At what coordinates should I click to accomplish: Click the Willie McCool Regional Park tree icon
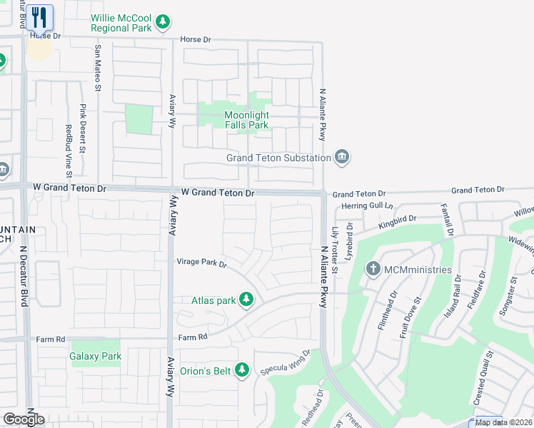163,22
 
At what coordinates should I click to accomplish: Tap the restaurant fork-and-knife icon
40,17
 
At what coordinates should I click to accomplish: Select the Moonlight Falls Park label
246,120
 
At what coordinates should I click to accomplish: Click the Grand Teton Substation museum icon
342,158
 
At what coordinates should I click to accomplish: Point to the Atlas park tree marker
246,300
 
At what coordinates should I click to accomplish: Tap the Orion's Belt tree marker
242,370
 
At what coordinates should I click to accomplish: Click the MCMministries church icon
373,270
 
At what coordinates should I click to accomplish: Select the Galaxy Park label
96,356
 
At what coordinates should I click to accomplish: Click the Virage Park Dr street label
202,263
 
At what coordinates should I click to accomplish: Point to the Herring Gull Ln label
367,205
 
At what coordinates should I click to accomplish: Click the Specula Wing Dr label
286,362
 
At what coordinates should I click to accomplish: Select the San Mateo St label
98,68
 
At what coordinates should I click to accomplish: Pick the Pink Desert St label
83,129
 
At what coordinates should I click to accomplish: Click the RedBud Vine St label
69,151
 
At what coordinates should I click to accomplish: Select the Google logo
24,419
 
